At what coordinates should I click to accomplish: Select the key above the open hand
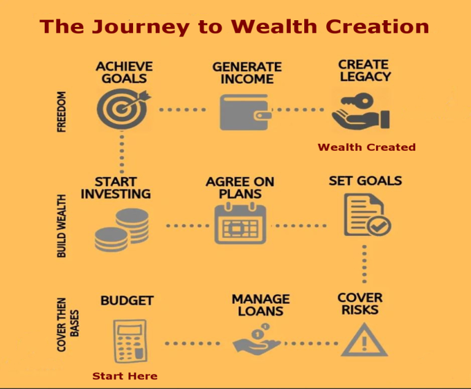(358, 100)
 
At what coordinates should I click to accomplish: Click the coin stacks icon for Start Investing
(121, 230)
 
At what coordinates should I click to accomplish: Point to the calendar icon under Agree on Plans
(240, 223)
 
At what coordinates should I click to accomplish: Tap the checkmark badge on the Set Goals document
(379, 225)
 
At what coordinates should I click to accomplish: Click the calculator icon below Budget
(130, 341)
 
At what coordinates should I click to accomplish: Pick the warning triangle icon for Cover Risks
(364, 340)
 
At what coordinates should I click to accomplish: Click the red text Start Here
(124, 376)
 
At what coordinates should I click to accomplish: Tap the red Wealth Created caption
(367, 147)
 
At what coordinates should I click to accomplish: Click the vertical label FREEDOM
(61, 111)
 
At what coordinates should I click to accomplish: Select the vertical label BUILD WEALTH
(61, 226)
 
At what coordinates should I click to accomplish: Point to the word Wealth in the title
(274, 26)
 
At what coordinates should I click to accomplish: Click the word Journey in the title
(141, 28)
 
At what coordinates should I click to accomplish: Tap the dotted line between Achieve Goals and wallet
(182, 110)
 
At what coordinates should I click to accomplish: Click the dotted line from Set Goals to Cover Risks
(364, 264)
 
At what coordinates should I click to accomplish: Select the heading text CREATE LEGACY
(365, 70)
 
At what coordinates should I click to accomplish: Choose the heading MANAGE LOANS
(261, 305)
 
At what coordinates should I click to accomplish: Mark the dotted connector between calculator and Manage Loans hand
(193, 344)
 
